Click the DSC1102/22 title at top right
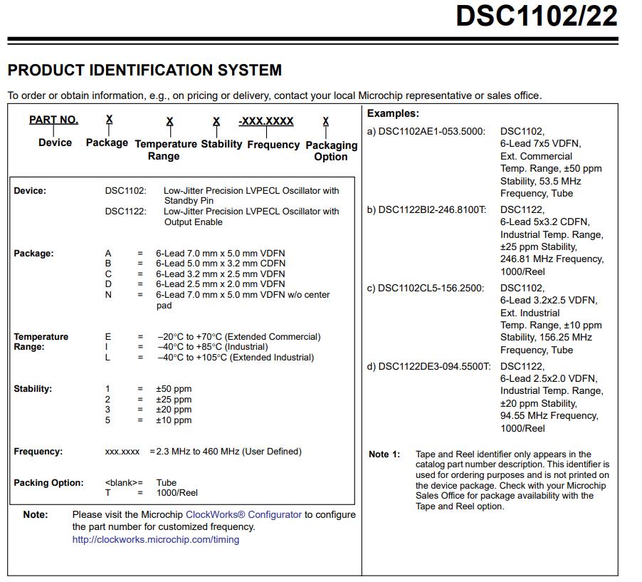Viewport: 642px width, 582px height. click(536, 16)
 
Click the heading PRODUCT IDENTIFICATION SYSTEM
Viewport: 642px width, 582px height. click(144, 70)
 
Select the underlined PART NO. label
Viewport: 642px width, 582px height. click(53, 120)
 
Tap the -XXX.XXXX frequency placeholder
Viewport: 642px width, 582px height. click(266, 121)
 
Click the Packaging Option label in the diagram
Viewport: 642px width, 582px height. click(331, 150)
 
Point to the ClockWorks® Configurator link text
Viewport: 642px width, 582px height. click(243, 514)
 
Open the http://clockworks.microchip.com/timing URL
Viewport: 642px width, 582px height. click(155, 540)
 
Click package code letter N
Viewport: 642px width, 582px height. click(108, 294)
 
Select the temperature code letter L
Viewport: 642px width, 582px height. click(107, 358)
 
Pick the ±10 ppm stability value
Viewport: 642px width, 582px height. click(174, 420)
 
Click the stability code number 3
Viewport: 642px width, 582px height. click(107, 410)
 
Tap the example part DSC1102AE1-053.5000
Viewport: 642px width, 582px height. click(431, 132)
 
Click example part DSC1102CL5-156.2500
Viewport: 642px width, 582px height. click(431, 289)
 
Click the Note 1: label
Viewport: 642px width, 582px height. click(384, 454)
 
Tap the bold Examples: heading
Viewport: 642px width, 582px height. click(393, 113)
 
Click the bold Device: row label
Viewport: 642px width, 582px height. click(30, 191)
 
